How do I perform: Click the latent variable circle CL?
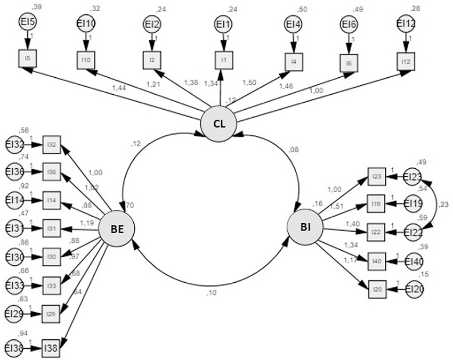click(219, 124)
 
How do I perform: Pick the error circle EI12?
click(407, 24)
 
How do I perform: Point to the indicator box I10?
click(86, 59)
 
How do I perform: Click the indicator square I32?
click(52, 144)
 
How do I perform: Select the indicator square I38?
click(51, 348)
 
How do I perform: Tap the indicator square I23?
click(376, 177)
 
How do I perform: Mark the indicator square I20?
click(377, 289)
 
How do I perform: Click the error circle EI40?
click(414, 261)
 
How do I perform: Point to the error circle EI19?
click(414, 203)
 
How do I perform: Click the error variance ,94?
click(23, 333)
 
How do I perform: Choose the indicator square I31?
click(52, 228)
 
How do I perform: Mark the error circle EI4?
click(292, 24)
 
